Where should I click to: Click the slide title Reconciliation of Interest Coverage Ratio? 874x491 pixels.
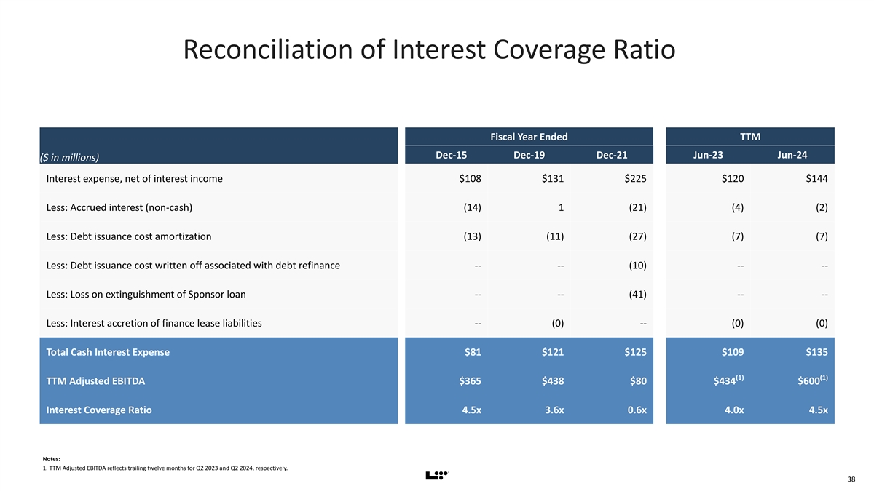pyautogui.click(x=429, y=50)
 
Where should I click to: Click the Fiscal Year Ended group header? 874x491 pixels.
pyautogui.click(x=529, y=137)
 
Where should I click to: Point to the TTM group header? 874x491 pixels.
pyautogui.click(x=749, y=137)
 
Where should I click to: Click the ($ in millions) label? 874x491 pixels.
pyautogui.click(x=70, y=158)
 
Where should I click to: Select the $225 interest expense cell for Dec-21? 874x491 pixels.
pyautogui.click(x=632, y=179)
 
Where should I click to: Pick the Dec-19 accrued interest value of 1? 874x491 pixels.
pyautogui.click(x=561, y=207)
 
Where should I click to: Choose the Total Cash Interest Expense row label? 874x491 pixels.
pyautogui.click(x=108, y=352)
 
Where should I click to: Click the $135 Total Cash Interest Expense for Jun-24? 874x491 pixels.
pyautogui.click(x=814, y=352)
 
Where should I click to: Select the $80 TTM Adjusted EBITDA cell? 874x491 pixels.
pyautogui.click(x=635, y=380)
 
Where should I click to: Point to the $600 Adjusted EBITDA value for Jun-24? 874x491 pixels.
pyautogui.click(x=810, y=380)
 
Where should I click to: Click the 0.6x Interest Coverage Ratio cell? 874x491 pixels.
pyautogui.click(x=632, y=410)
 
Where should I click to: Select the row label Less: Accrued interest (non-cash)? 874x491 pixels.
pyautogui.click(x=119, y=207)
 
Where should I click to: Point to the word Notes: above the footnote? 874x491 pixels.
pyautogui.click(x=52, y=458)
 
